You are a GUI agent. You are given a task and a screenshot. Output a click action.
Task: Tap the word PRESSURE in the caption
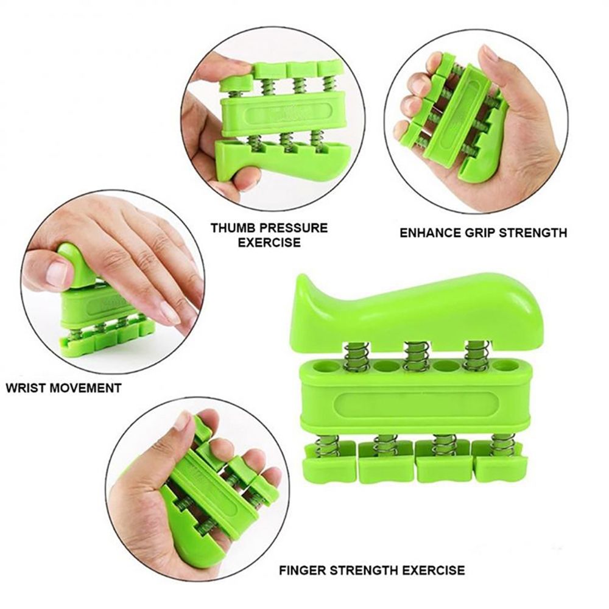(x=294, y=228)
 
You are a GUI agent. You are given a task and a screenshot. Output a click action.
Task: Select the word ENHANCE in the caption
(x=424, y=232)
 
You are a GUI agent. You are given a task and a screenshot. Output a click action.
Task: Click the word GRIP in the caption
(x=483, y=232)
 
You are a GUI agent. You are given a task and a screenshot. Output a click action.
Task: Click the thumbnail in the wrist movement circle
(x=57, y=273)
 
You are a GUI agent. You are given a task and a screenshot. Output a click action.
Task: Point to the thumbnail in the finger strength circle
(x=181, y=421)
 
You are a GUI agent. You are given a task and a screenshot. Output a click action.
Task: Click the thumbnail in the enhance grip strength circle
(x=490, y=53)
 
